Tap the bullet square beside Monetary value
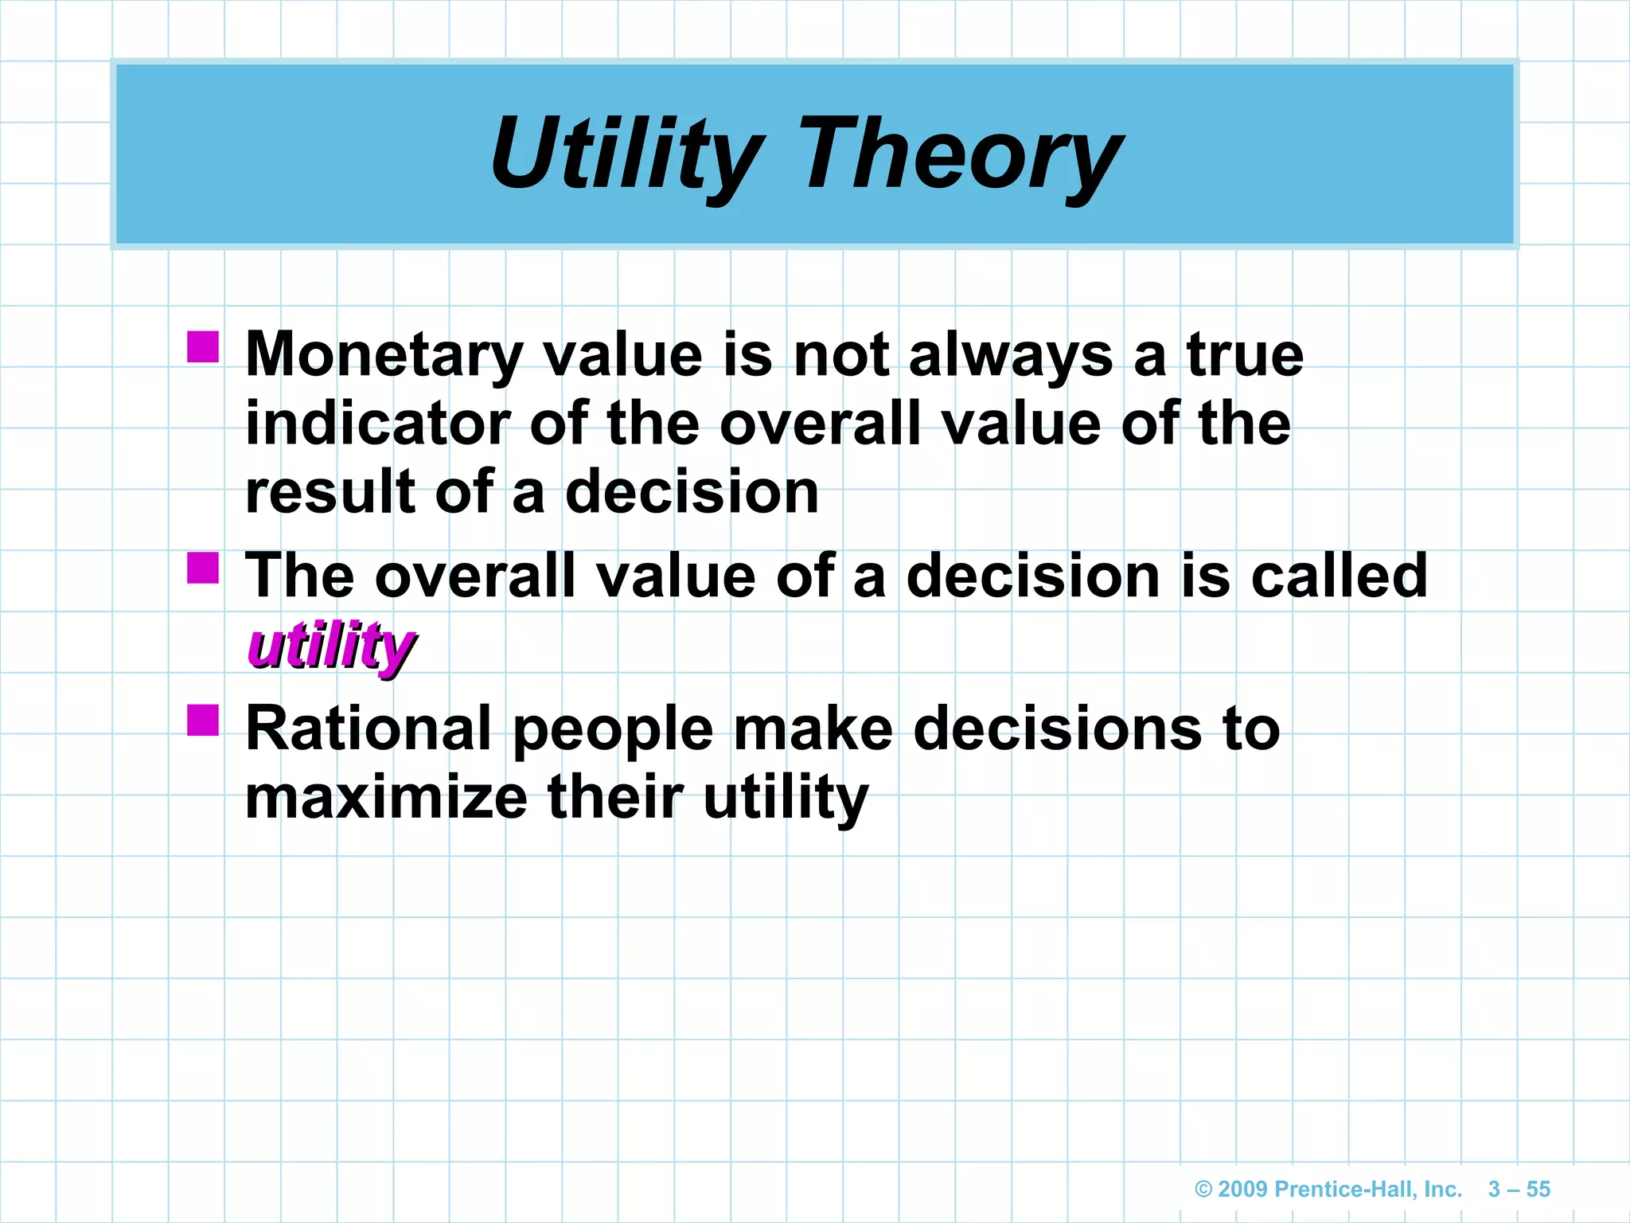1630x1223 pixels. pos(203,347)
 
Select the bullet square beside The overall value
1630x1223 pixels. pos(203,569)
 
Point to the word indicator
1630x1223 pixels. pos(377,424)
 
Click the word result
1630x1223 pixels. pos(330,493)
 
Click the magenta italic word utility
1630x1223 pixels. pos(330,646)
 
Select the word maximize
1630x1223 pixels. pos(386,798)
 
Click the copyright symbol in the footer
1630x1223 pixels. pos(1203,1190)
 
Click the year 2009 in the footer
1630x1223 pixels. pos(1242,1190)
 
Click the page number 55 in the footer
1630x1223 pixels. pos(1538,1190)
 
